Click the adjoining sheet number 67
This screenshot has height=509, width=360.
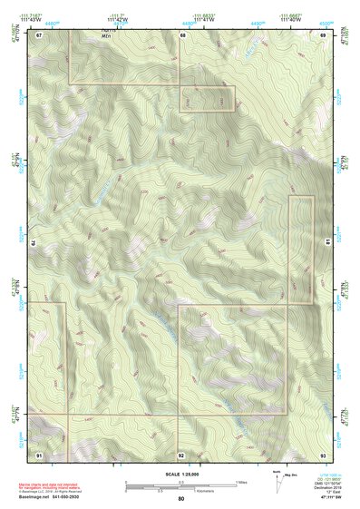pyautogui.click(x=40, y=35)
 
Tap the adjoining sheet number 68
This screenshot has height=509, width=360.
pyautogui.click(x=182, y=35)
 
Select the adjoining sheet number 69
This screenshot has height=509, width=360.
pyautogui.click(x=323, y=35)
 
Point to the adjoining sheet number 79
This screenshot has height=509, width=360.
pyautogui.click(x=34, y=243)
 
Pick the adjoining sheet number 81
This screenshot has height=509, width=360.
pyautogui.click(x=327, y=243)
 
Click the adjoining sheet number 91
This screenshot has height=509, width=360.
pyautogui.click(x=40, y=454)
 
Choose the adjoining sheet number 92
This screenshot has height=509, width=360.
pyautogui.click(x=181, y=454)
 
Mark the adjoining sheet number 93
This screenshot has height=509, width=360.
pyautogui.click(x=323, y=454)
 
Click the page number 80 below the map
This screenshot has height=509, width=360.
pyautogui.click(x=181, y=499)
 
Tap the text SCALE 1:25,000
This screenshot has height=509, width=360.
pyautogui.click(x=181, y=474)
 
